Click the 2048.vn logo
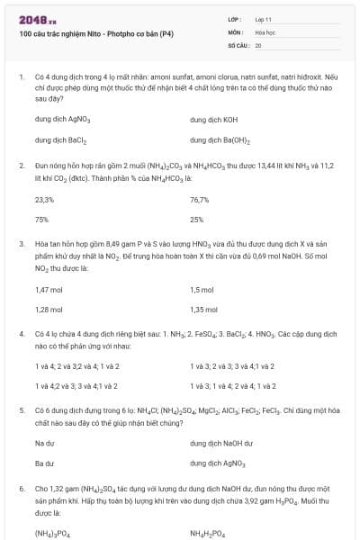click(37, 19)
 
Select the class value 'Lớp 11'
click(264, 19)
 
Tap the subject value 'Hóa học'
click(265, 31)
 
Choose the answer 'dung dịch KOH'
click(214, 119)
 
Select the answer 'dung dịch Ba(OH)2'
click(220, 140)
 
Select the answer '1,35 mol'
click(203, 310)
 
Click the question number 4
click(21, 334)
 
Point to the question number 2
click(21, 166)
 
